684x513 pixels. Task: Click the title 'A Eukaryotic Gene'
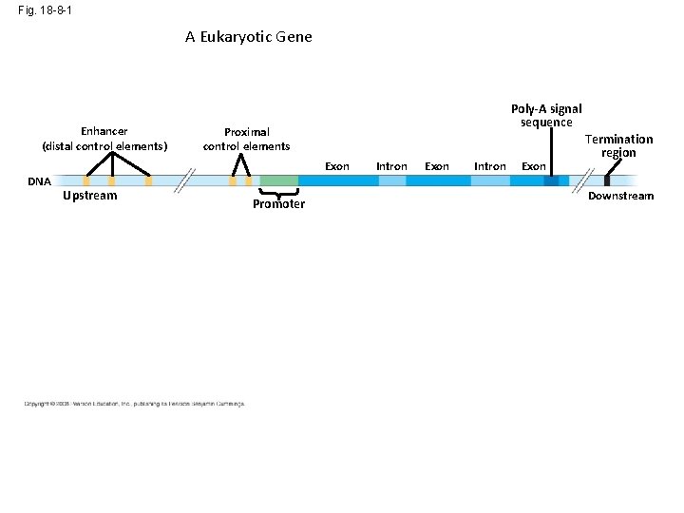tap(248, 37)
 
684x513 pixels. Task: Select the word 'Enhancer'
tap(104, 131)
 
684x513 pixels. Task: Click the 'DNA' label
tap(39, 180)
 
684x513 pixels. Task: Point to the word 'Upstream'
tap(89, 196)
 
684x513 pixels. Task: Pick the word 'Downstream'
tap(621, 196)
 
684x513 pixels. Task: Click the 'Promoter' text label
tap(278, 204)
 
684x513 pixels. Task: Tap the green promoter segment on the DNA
tap(278, 180)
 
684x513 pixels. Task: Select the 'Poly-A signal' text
tap(546, 109)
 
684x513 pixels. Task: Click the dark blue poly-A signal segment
tap(551, 180)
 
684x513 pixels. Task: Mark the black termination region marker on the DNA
tap(607, 180)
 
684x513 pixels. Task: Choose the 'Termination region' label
tap(618, 145)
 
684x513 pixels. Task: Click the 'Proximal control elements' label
tap(246, 139)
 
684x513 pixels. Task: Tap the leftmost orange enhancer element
tap(86, 180)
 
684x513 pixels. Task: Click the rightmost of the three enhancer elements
tap(148, 180)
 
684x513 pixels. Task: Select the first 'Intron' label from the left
tap(391, 166)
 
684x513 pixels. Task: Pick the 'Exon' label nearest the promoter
tap(337, 166)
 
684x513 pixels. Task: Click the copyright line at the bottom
tap(134, 404)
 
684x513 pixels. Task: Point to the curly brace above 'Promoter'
tap(278, 193)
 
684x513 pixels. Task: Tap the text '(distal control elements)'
tap(104, 146)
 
